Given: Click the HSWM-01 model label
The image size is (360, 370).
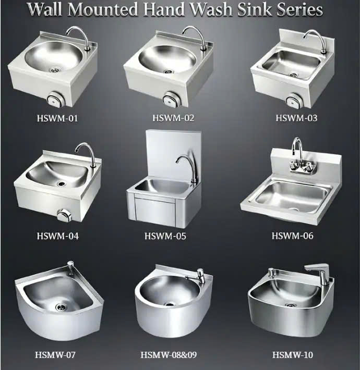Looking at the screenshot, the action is pos(57,118).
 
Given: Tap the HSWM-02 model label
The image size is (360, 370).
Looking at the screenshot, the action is pos(173,118).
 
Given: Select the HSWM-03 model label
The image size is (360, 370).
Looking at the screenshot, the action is pos(296,118).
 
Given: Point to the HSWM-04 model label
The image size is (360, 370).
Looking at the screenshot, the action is pos(57,236).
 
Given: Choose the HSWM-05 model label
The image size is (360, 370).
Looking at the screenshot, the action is pos(165,236).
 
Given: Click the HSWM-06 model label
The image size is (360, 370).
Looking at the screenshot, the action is pos(293,236).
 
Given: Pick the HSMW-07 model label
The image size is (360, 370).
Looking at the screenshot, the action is pos(55,355).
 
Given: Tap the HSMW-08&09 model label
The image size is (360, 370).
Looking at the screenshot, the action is pos(169,355).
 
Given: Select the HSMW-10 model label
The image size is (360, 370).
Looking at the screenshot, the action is pos(293,355).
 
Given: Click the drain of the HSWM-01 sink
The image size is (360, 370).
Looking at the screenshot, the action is pos(55,70).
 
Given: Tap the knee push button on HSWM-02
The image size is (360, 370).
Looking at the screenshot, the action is pos(171,98).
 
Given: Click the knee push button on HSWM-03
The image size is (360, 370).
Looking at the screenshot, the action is pos(294,100).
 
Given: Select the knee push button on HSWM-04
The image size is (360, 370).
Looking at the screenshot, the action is pos(64,215).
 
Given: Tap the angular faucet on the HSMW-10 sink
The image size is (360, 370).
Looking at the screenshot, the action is pos(318,273).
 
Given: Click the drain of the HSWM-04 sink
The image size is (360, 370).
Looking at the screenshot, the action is pos(62,183).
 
